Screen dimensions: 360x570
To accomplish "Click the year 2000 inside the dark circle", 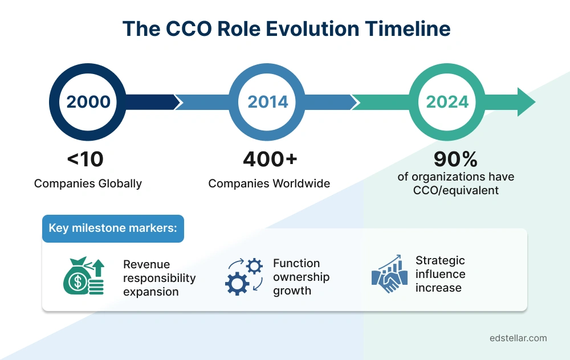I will [x=88, y=102].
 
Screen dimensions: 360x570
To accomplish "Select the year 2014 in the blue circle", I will [x=268, y=102].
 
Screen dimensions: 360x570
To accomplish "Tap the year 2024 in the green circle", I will [x=447, y=102].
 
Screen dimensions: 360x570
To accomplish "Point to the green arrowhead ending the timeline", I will [x=526, y=102].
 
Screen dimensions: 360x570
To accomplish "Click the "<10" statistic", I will [x=85, y=159].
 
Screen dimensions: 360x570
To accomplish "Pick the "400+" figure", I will [x=270, y=159].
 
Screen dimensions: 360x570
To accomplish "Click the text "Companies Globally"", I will [x=88, y=183].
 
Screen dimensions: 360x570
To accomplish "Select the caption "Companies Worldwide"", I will [x=269, y=183].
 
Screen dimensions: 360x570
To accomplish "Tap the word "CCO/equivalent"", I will [x=456, y=190].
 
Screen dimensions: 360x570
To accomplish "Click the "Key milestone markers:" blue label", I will [x=113, y=228].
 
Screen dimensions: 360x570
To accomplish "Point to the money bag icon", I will [x=83, y=276].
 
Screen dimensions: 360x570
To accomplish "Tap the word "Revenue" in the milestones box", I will [x=146, y=264].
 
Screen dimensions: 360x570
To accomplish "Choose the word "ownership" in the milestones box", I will [x=301, y=277].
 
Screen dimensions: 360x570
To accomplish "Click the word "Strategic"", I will [x=440, y=260].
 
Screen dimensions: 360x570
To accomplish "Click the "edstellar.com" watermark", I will [x=518, y=338].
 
